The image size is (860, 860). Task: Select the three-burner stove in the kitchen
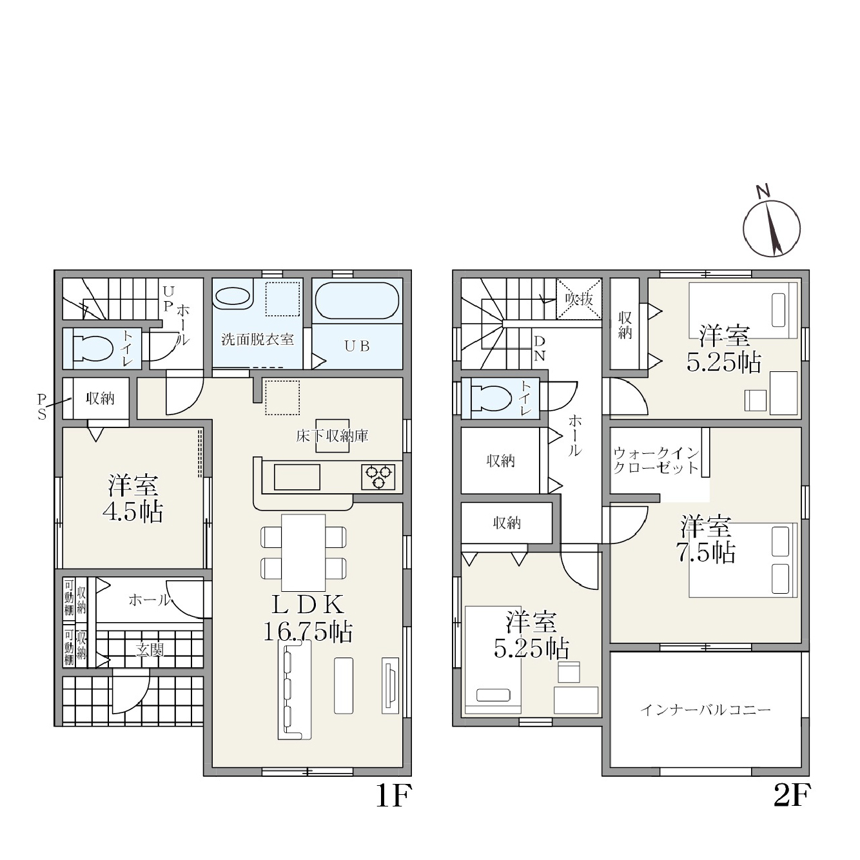click(x=378, y=476)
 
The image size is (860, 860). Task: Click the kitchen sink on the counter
click(x=297, y=476)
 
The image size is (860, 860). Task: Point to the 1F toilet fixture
click(x=93, y=348)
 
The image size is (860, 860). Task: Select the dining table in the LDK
click(x=303, y=552)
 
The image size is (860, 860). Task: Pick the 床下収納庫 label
click(x=333, y=436)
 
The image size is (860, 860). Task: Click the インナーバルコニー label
click(x=705, y=709)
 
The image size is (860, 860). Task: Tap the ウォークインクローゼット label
click(x=656, y=460)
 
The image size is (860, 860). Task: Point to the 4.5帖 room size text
click(x=133, y=513)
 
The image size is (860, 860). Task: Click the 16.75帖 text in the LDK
click(x=308, y=631)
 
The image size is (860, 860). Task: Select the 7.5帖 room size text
click(x=705, y=552)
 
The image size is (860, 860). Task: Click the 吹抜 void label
click(x=579, y=299)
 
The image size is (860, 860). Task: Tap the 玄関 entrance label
click(x=150, y=650)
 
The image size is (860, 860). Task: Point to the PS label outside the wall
click(x=41, y=406)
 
